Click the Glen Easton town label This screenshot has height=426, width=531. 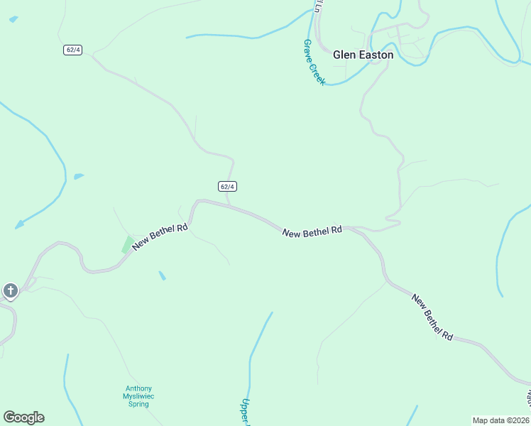tap(363, 55)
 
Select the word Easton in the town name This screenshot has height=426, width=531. tap(374, 55)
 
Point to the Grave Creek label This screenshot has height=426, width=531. tap(314, 62)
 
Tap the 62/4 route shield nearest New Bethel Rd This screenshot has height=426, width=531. tap(226, 186)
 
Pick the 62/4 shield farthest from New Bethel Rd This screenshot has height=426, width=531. tap(72, 50)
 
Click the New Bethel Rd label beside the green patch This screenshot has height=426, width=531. tap(160, 236)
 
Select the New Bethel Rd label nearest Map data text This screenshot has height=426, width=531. tap(432, 316)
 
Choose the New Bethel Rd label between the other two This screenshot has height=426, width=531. tap(312, 231)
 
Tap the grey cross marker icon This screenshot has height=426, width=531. tap(10, 290)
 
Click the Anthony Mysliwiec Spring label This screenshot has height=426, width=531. tap(138, 396)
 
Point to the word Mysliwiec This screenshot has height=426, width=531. tap(138, 396)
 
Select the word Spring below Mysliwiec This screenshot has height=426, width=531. tap(138, 404)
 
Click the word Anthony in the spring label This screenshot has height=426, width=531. tap(138, 388)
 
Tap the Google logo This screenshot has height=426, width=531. tap(23, 417)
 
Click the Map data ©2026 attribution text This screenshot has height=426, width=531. tap(501, 420)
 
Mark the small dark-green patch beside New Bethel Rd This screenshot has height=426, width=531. tap(128, 244)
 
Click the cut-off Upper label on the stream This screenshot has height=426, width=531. tap(246, 410)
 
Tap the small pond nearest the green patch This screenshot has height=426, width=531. tap(163, 275)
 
